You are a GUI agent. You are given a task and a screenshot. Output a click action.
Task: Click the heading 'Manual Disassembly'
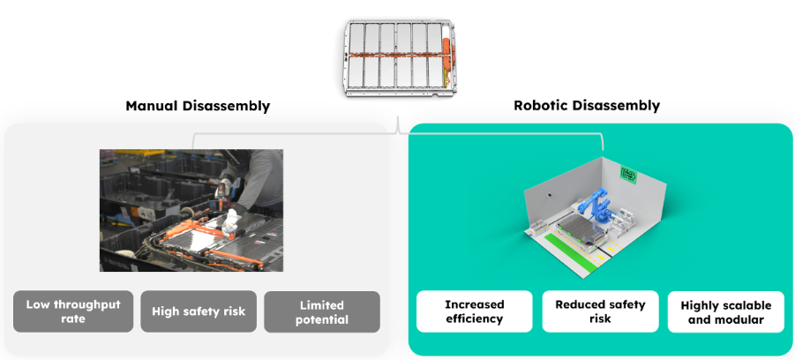pyautogui.click(x=198, y=106)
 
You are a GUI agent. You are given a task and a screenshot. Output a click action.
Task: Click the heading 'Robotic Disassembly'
pyautogui.click(x=587, y=106)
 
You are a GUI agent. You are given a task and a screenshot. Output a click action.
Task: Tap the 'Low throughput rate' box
pyautogui.click(x=73, y=311)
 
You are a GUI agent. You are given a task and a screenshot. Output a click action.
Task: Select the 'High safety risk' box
pyautogui.click(x=198, y=311)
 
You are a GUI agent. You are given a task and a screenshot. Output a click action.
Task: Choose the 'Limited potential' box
pyautogui.click(x=322, y=311)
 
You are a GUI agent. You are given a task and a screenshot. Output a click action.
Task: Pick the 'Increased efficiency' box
pyautogui.click(x=474, y=311)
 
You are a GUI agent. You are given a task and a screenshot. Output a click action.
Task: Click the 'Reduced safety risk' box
pyautogui.click(x=600, y=311)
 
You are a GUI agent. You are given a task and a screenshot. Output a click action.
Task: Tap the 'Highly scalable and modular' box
pyautogui.click(x=726, y=311)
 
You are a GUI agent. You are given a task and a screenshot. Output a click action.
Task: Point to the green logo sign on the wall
pyautogui.click(x=629, y=175)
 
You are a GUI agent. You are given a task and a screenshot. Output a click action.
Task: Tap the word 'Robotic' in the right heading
pyautogui.click(x=541, y=106)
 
